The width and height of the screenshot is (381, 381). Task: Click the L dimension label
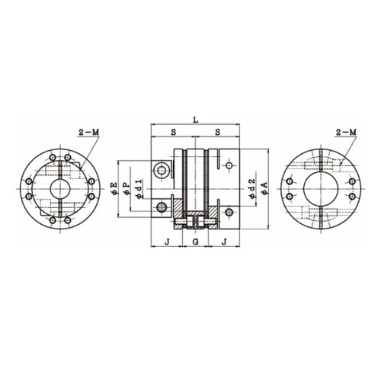coord(195,120)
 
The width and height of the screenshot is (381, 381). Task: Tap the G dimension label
coord(195,242)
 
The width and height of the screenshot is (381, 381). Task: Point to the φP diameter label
coord(126,189)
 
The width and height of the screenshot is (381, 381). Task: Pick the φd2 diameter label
coord(251,188)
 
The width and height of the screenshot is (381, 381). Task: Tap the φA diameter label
coord(264,188)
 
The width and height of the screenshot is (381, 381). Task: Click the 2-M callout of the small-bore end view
coord(88,132)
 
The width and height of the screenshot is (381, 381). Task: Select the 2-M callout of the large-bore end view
coord(346,132)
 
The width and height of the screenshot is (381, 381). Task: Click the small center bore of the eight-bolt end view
coord(60,189)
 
